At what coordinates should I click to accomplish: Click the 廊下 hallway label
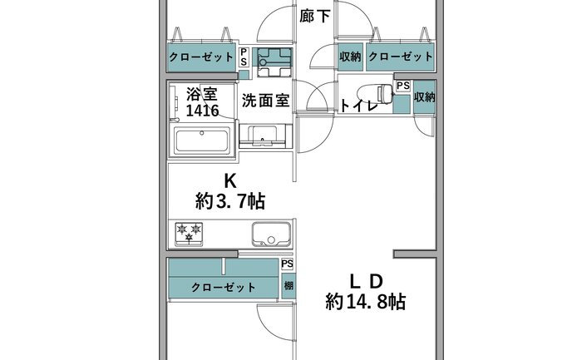(315, 17)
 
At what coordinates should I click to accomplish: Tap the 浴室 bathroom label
(201, 93)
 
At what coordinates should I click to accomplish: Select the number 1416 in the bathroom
(202, 111)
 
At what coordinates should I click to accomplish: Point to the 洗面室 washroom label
(265, 101)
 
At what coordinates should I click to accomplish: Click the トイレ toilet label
(359, 106)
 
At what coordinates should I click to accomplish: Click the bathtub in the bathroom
(201, 141)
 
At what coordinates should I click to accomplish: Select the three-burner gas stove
(189, 234)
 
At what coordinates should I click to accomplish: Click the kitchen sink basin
(271, 234)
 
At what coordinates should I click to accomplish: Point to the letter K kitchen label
(229, 181)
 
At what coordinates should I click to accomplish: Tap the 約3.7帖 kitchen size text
(230, 201)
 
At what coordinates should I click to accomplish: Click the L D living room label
(366, 282)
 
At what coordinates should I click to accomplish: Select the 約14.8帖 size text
(365, 302)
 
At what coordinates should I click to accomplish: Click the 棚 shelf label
(288, 285)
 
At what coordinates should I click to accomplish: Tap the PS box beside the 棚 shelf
(288, 264)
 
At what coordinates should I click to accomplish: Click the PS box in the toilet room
(403, 86)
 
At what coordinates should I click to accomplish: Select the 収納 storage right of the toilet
(425, 97)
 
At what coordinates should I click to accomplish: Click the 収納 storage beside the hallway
(350, 57)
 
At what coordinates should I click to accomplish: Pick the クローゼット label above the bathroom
(201, 57)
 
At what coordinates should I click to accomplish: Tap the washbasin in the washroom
(263, 136)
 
